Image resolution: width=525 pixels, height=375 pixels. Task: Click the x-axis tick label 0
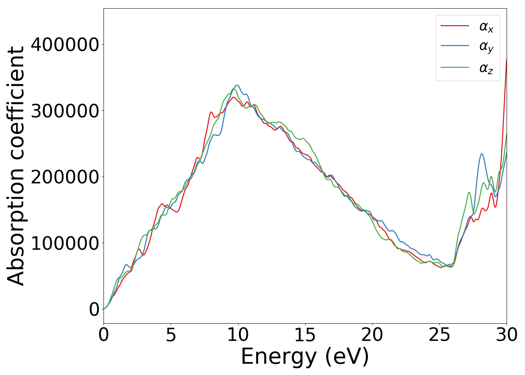(103, 335)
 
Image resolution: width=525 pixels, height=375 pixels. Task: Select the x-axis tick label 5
(171, 335)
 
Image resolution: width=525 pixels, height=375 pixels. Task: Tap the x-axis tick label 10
(238, 335)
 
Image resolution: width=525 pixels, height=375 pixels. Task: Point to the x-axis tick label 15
(305, 335)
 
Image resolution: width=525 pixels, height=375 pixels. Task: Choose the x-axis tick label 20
(372, 335)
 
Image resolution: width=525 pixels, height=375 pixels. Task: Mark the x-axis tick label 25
(439, 335)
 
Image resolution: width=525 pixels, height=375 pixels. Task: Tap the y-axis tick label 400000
(65, 45)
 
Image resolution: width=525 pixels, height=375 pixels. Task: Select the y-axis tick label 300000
(65, 111)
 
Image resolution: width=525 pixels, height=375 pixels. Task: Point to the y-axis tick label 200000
(65, 177)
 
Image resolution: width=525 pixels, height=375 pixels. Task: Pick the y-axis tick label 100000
(65, 243)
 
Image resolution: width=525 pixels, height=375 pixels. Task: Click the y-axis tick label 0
(94, 309)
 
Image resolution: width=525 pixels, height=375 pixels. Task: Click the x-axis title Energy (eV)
(305, 357)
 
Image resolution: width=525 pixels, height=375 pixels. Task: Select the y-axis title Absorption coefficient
(16, 166)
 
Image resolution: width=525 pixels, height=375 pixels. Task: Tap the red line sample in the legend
(454, 26)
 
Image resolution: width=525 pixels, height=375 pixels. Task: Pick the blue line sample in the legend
(454, 46)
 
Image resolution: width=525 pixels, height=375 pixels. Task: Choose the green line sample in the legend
(454, 67)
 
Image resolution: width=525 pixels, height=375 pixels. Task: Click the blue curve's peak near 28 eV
(481, 154)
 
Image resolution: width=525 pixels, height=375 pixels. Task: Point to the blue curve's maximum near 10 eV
(237, 85)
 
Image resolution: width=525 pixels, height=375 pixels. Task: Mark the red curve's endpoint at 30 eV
(506, 60)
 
